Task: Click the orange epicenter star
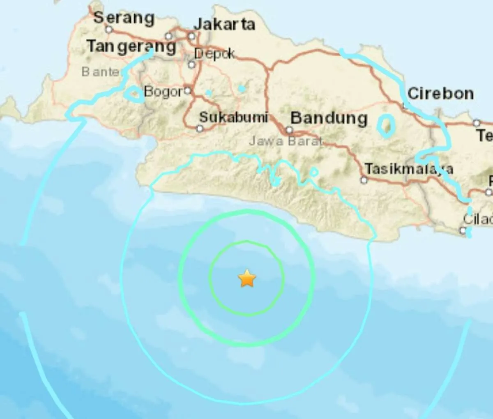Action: coord(247,279)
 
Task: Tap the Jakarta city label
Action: coord(224,24)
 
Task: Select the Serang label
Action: coord(124,18)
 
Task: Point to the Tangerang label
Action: coord(131,46)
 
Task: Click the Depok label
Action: coord(214,54)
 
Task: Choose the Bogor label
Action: coord(163,92)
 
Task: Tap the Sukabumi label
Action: coord(233,117)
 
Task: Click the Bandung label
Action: coord(329,118)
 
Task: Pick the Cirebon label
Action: coord(440,94)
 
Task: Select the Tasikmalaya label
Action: coord(409,169)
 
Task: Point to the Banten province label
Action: coord(101,72)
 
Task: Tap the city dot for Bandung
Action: coord(289,130)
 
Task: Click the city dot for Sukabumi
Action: coord(200,129)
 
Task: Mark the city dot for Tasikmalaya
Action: coord(364,180)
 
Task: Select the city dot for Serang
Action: coord(109,30)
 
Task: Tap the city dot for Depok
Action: coord(191,64)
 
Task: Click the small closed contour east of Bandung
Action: coord(386,126)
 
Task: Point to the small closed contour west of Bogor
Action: coord(134,94)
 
